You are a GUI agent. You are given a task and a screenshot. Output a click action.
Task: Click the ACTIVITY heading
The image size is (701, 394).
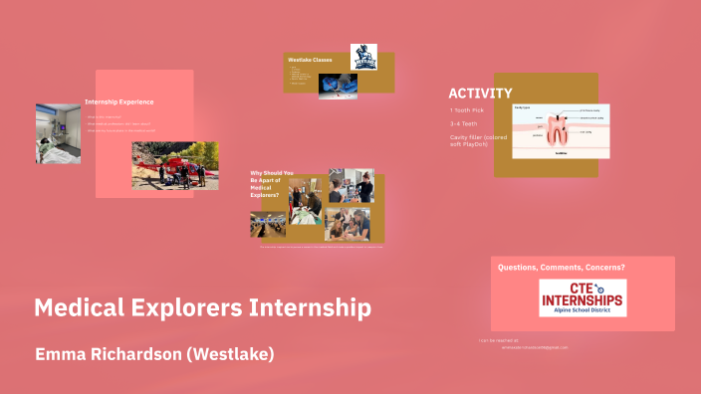click(x=480, y=94)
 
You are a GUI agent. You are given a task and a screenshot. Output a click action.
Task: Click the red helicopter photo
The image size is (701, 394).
click(x=174, y=165)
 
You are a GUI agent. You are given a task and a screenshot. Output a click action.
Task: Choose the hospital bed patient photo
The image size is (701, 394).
click(x=58, y=133)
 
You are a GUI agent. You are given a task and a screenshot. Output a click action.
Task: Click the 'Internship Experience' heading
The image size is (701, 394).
click(x=119, y=101)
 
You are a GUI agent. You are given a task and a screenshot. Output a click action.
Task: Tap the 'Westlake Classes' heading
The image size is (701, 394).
click(x=310, y=61)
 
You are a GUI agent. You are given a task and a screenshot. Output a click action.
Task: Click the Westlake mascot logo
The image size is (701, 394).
click(x=363, y=57)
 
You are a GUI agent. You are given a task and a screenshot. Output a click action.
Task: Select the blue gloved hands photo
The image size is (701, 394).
click(x=338, y=87)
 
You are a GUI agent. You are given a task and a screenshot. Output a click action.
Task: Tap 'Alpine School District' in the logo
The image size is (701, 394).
click(x=584, y=311)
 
